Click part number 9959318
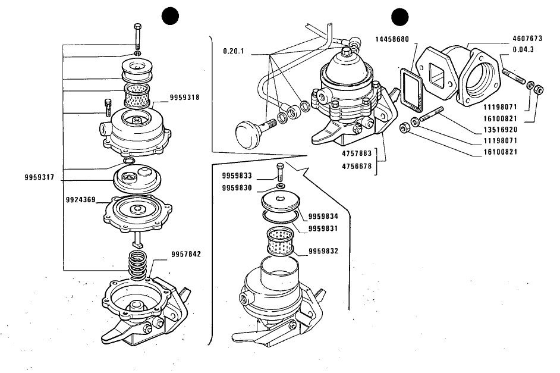[184, 98]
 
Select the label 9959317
[39, 177]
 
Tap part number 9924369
[81, 200]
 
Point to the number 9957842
[186, 254]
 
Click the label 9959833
[237, 175]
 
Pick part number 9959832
[323, 251]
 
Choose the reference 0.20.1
[234, 51]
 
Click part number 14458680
[392, 39]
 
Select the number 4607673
[527, 38]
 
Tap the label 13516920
[501, 129]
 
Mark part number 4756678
[357, 166]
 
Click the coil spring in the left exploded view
[138, 265]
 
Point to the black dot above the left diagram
[170, 17]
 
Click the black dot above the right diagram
[400, 17]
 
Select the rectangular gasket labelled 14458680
[411, 90]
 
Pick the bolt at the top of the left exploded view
[138, 36]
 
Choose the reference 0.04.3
[523, 49]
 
